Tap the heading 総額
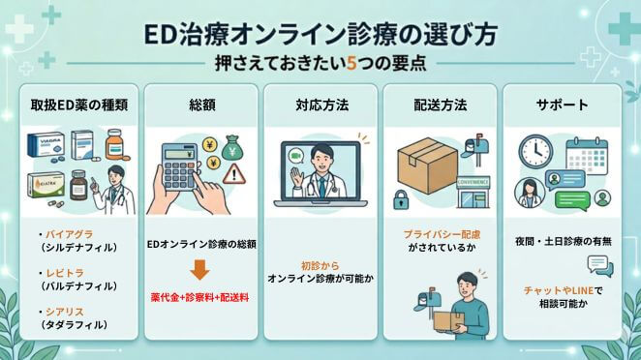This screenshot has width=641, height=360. (201, 103)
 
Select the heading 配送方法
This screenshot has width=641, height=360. (441, 103)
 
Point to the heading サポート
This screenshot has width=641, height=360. (561, 103)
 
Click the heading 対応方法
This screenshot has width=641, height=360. (321, 103)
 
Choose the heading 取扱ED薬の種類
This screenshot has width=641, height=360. (82, 103)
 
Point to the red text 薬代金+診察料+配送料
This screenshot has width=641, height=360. (203, 296)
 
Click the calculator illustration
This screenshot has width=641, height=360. (180, 165)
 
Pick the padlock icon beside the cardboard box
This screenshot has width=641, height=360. (400, 199)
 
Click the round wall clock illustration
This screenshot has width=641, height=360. (534, 151)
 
